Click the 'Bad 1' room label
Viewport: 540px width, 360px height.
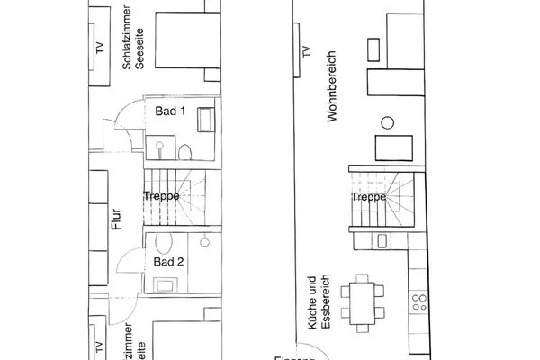tap(170, 112)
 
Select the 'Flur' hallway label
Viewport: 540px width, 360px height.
tap(117, 220)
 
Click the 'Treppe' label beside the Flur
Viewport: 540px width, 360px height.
tap(161, 195)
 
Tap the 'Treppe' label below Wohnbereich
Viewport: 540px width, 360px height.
tap(369, 195)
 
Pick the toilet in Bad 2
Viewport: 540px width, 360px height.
tap(163, 242)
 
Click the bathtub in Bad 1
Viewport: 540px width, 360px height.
tap(206, 119)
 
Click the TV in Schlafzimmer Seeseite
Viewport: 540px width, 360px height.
tap(95, 51)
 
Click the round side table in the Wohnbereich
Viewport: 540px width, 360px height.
tap(388, 122)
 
